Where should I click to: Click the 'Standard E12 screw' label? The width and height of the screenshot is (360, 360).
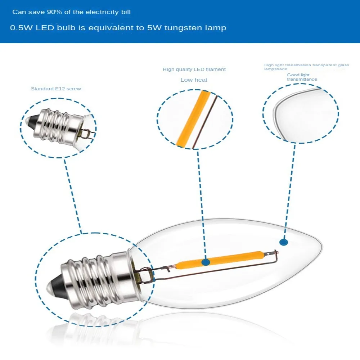point(56,89)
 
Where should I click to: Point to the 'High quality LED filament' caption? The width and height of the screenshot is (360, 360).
point(194,69)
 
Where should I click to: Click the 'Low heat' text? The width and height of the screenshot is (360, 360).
point(194,80)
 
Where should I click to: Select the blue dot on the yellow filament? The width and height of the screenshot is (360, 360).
point(206,262)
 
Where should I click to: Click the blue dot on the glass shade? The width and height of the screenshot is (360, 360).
point(284,243)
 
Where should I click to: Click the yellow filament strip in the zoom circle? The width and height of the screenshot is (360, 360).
point(193,119)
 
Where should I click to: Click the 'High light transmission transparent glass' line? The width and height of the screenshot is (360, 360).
point(306,65)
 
